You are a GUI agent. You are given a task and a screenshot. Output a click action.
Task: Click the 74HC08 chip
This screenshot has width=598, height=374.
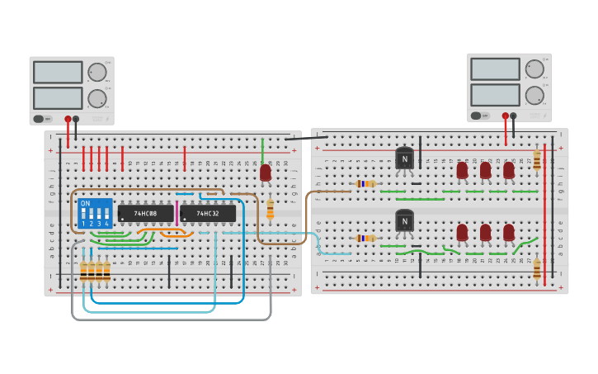click(146, 214)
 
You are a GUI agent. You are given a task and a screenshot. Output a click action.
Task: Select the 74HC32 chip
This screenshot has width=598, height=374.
click(208, 214)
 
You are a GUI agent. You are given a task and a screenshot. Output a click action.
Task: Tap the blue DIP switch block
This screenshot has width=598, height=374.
click(95, 214)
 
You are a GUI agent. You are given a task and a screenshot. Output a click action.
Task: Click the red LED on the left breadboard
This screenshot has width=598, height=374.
click(265, 173)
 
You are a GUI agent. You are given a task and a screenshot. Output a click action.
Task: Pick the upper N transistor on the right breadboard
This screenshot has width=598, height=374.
click(404, 158)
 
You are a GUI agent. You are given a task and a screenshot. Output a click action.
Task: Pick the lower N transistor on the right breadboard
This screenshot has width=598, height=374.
click(404, 221)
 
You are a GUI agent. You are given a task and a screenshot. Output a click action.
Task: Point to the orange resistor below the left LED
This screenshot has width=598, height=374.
click(270, 210)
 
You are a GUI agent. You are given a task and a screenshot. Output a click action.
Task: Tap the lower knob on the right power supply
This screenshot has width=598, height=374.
click(534, 95)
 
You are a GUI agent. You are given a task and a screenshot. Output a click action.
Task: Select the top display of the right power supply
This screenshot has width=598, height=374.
click(495, 69)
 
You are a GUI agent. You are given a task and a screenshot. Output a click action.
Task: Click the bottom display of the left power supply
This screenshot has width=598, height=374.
click(58, 98)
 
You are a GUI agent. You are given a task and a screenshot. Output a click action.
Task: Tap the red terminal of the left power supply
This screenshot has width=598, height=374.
click(68, 119)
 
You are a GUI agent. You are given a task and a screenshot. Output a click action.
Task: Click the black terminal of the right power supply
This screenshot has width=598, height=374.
click(513, 116)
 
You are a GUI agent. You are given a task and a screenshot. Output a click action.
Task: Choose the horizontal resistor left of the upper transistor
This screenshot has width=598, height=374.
click(365, 183)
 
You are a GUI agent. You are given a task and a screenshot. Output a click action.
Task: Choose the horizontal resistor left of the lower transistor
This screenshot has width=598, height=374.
click(365, 239)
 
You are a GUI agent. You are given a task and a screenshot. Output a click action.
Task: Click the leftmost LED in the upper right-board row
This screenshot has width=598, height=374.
click(462, 170)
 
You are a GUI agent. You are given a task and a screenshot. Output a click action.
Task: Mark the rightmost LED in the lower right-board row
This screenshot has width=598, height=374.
click(509, 233)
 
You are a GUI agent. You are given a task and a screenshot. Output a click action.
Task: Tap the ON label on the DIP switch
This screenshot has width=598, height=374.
click(85, 204)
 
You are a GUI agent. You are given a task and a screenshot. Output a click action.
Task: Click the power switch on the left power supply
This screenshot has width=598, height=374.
click(39, 119)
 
